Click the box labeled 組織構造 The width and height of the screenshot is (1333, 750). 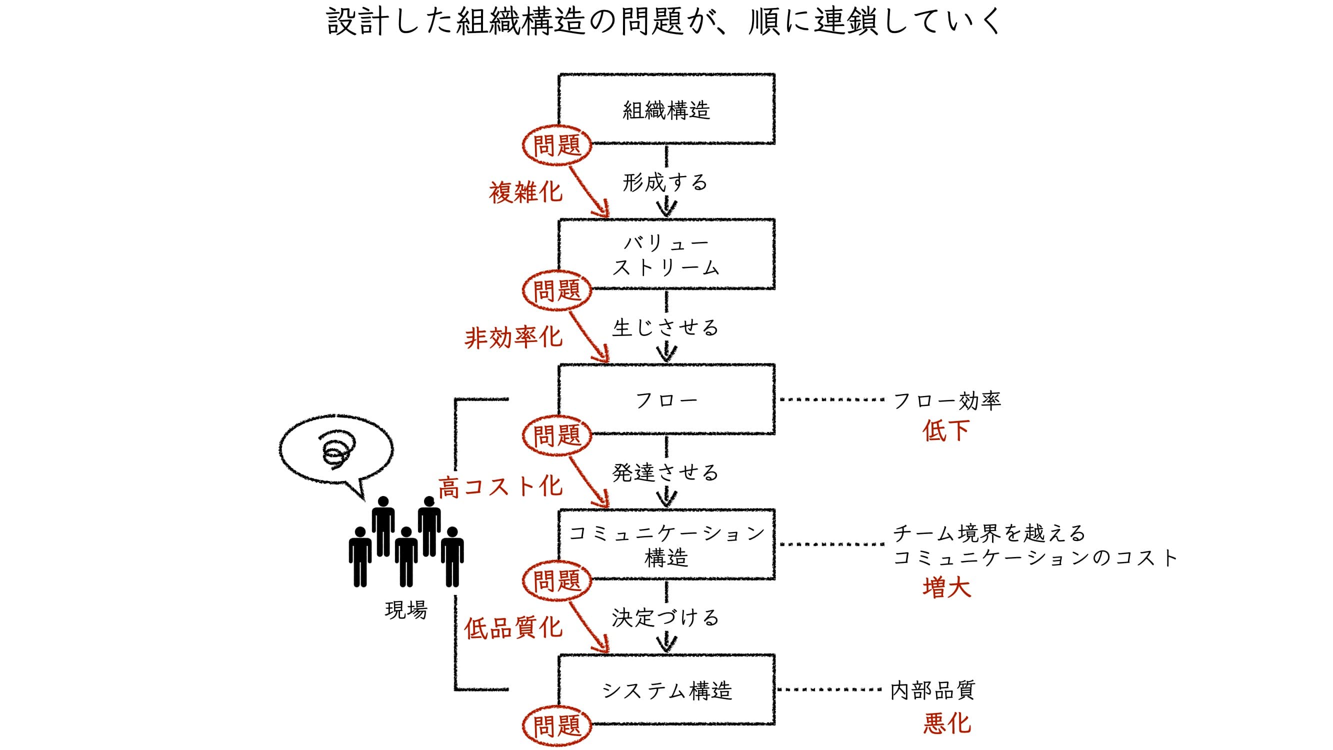pos(666,109)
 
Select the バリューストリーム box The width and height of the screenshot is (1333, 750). pos(666,254)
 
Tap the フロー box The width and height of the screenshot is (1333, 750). pos(666,399)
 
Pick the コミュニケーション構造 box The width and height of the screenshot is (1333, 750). pos(666,544)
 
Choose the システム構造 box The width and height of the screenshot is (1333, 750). pos(666,689)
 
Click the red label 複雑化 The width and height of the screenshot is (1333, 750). pos(525,192)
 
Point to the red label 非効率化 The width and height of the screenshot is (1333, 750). pos(513,337)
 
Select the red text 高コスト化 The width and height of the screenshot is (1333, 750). pos(500,486)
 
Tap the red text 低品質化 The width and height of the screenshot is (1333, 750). pos(513,628)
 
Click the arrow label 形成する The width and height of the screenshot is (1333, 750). pos(665,182)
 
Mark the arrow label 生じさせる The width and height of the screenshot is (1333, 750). pos(665,327)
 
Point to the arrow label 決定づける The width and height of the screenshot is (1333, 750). pos(665,617)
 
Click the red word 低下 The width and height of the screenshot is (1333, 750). pos(946,430)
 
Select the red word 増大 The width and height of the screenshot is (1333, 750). pos(947,587)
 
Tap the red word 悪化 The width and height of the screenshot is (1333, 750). pos(947,723)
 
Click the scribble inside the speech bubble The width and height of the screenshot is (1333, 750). pos(337,450)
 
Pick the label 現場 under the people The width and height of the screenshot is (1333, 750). pos(406,609)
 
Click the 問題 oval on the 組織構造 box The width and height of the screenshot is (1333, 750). pos(557,145)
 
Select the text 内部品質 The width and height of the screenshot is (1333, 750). pos(932,690)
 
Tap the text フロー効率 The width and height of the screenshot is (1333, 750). pos(947,400)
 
